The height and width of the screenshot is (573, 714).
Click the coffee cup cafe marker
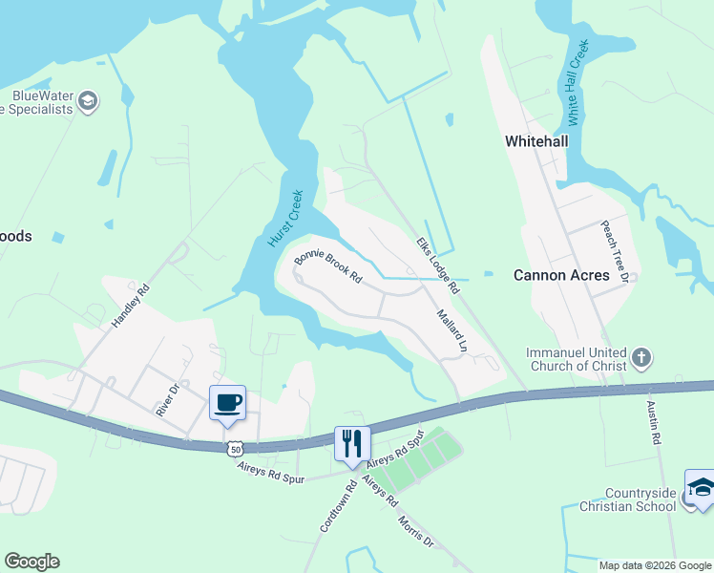point(227,402)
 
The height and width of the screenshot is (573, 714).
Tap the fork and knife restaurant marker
point(351,443)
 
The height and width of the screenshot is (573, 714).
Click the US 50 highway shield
point(236,448)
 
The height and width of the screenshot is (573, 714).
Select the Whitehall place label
point(536,141)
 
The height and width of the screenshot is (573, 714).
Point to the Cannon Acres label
point(561,275)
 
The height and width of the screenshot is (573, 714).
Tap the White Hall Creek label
point(578,83)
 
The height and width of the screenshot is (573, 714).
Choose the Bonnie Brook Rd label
point(328,268)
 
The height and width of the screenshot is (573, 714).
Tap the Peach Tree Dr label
point(613,252)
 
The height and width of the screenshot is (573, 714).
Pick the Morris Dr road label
point(414,529)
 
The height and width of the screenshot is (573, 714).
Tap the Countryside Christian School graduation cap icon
point(700,485)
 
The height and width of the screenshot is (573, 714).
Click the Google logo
point(31,562)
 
